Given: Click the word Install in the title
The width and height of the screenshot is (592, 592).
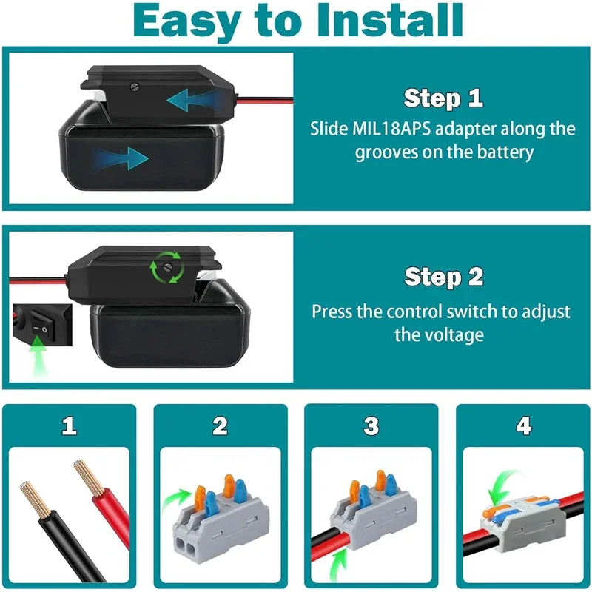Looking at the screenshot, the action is point(390,21).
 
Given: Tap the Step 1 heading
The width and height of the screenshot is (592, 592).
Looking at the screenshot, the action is point(443,98).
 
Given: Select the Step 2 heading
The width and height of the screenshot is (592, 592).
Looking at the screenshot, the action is point(443,277).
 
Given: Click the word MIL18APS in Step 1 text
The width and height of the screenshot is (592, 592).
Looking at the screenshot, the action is point(391,129).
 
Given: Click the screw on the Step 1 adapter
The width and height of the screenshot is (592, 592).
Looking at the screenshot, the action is point(135,87).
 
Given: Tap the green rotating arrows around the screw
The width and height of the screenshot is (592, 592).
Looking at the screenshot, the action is point(167,267).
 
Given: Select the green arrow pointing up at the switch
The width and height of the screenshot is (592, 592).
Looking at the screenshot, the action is point(38,355).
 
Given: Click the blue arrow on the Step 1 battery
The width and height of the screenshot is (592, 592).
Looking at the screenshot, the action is point(121,158).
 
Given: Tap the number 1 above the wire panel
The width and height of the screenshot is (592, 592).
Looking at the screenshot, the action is point(70,425).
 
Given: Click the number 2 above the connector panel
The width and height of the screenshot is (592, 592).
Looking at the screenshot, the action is point(220,425).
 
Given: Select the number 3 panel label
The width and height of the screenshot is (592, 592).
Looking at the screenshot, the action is point(371,425).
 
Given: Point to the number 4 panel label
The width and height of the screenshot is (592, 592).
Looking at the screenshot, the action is point(524,425).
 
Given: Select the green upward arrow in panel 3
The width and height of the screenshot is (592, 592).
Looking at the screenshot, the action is point(338,565).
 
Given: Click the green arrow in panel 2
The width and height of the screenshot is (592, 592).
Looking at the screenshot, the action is point(177,497).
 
